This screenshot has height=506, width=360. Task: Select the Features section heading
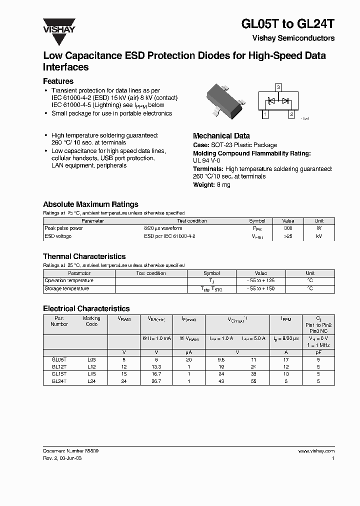tap(58, 81)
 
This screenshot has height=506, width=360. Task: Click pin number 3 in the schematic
tap(278, 87)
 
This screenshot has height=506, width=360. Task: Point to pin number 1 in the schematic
tap(264, 114)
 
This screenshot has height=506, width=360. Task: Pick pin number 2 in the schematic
tap(291, 114)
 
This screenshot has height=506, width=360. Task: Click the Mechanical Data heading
tap(221, 135)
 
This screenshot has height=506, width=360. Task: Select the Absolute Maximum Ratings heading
tap(90, 204)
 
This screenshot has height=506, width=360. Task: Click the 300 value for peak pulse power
tap(288, 228)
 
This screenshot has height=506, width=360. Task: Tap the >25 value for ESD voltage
tap(288, 235)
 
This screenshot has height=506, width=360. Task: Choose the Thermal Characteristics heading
tap(84, 256)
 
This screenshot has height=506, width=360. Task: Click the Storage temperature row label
tap(67, 288)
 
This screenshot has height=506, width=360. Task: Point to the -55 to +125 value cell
tap(261, 280)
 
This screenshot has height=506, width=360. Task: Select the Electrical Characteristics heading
tap(86, 308)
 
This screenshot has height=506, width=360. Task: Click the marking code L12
tap(91, 366)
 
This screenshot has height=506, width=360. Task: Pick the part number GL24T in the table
tap(59, 381)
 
